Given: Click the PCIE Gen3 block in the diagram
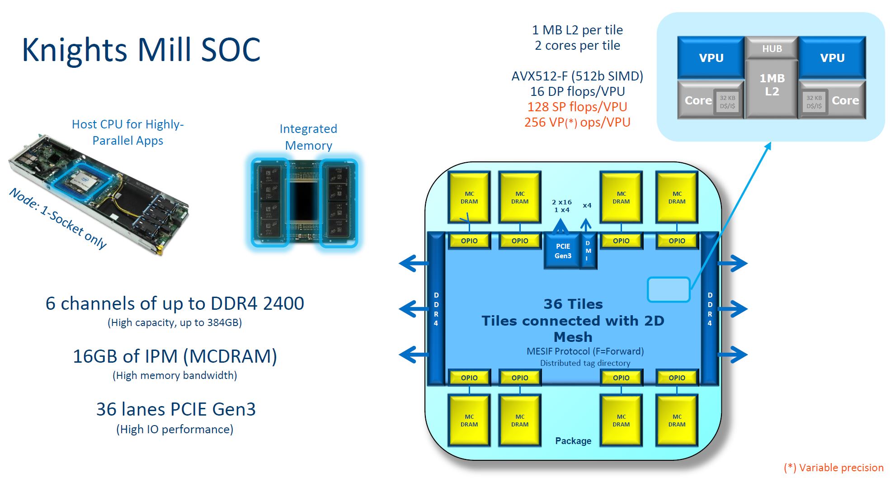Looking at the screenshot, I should click(563, 251).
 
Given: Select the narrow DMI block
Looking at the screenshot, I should click(588, 251).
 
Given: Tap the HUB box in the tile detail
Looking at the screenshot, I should click(772, 48).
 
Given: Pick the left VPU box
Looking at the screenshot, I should click(711, 58).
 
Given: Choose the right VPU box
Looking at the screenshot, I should click(832, 58).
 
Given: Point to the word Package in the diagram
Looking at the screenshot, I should click(573, 441).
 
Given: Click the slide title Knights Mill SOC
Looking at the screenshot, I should click(141, 49).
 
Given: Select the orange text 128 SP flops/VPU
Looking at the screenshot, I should click(577, 107).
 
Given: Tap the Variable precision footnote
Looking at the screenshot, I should click(834, 468).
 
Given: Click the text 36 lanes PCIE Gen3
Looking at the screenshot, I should click(176, 409).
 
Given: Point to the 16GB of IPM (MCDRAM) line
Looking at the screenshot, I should click(175, 356).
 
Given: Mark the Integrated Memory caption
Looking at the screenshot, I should click(308, 137).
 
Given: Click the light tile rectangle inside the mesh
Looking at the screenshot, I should click(668, 289).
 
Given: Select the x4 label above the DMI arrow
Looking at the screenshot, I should click(587, 205).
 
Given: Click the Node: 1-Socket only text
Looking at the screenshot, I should click(58, 218).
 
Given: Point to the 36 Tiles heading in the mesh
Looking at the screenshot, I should click(573, 304).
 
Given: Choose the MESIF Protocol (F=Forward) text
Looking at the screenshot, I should click(585, 351).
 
